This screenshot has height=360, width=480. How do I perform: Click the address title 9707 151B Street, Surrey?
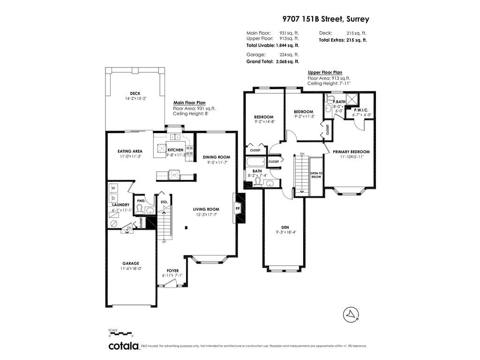tap(326, 19)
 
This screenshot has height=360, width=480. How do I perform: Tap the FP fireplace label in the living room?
tap(237, 209)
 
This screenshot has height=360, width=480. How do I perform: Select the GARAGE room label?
tap(131, 263)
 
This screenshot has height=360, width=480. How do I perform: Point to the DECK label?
tap(135, 93)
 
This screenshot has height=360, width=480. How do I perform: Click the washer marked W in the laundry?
tap(113, 188)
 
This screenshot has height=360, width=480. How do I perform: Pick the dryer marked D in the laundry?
tap(113, 198)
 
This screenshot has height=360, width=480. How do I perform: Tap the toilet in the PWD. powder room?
tap(140, 210)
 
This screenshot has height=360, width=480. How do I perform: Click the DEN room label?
tap(285, 227)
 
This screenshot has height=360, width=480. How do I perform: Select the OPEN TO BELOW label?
tap(316, 175)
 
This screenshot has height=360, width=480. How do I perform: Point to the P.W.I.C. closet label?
tap(361, 110)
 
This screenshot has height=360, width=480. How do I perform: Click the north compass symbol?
tap(351, 315)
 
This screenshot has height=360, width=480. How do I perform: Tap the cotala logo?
tap(124, 346)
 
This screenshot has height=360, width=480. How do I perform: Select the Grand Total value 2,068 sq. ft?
tap(287, 61)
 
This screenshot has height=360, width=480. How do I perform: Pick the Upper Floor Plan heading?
tap(325, 73)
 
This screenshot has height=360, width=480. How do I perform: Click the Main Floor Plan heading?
tap(189, 103)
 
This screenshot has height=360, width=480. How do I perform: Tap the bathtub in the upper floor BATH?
tap(256, 162)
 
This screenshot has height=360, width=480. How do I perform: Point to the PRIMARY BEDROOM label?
tap(351, 152)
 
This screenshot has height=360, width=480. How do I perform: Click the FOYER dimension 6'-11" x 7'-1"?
tap(172, 275)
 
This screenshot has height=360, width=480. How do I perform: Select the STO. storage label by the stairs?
tap(164, 202)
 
